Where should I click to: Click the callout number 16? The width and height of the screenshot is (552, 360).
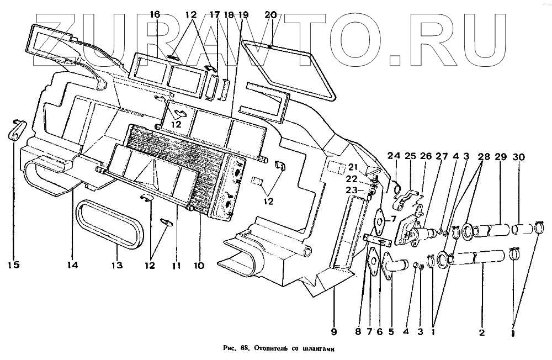(155, 15)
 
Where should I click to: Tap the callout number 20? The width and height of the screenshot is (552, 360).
(270, 15)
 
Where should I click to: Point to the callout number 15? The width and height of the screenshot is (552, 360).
(13, 265)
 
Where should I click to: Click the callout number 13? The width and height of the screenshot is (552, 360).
(117, 265)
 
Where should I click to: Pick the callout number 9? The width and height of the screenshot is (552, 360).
(333, 332)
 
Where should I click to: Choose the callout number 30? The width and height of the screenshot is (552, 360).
(519, 156)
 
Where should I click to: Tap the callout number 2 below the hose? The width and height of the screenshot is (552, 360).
(482, 332)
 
